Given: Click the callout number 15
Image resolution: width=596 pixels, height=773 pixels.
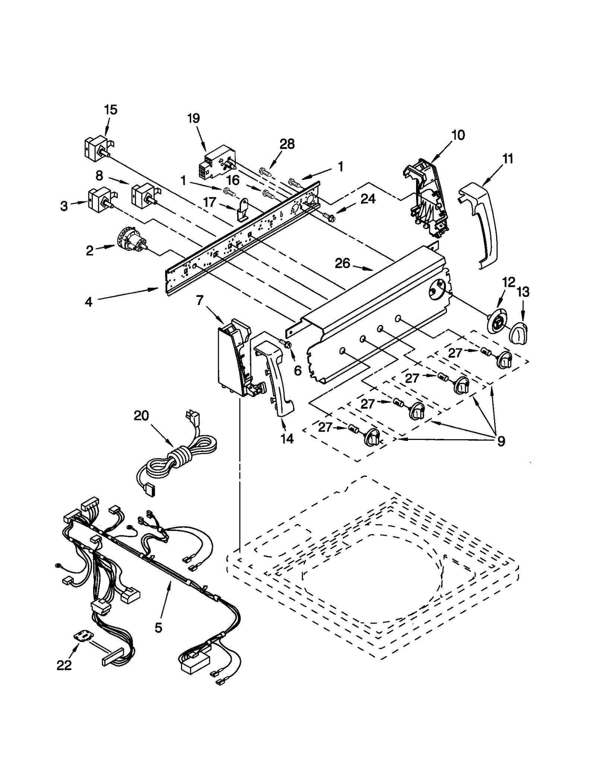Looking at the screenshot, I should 111,110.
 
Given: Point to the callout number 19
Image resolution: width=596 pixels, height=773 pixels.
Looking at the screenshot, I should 193,118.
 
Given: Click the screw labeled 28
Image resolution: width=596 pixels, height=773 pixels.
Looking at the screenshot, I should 265,172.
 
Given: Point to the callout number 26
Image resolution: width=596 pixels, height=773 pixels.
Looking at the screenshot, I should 342,263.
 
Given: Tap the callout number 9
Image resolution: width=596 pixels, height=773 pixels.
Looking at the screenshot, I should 501,441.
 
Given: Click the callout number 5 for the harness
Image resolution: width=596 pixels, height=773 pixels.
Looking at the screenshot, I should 158,628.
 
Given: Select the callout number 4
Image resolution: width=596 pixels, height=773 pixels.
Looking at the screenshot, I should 88,302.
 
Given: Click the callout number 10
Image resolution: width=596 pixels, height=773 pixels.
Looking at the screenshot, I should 458,135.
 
